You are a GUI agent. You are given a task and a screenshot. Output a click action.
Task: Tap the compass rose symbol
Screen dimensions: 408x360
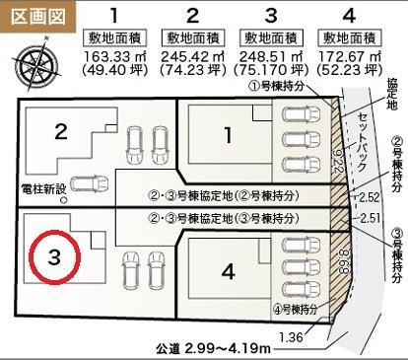pos(36,63)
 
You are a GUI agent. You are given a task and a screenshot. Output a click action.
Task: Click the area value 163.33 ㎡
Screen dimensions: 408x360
pos(115,56)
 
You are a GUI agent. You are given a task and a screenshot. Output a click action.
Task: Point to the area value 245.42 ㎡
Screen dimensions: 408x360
pos(193,56)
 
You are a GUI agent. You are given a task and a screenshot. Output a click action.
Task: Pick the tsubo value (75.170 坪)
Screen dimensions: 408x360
pos(271,70)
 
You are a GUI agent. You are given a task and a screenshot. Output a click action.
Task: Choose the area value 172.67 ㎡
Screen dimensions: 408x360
pos(350,56)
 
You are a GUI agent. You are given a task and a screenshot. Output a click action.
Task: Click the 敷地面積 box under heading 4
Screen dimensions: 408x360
pos(350,38)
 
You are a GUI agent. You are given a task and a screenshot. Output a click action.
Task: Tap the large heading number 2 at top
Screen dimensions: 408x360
pos(193,15)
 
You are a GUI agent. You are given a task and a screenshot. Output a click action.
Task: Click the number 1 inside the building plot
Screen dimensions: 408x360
pos(228,135)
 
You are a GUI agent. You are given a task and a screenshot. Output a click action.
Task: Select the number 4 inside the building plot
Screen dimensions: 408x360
pos(229,271)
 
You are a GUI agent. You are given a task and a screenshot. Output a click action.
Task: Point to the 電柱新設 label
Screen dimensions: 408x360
pos(43,188)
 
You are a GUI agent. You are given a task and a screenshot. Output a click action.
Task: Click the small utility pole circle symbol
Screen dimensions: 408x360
pos(64,199)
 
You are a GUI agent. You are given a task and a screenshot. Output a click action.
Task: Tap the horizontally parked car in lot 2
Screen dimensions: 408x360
pos(90,183)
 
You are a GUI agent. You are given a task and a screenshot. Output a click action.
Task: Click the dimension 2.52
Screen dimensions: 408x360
pos(369,197)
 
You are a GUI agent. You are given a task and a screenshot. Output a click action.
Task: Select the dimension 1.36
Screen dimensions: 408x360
pos(291,337)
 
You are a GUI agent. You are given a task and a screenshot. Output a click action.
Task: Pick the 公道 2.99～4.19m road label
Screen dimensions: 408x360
pos(214,348)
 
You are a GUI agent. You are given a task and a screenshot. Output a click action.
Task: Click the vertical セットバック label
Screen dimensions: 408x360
pos(362,142)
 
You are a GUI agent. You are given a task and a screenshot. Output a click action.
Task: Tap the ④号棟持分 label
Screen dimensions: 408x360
pos(296,309)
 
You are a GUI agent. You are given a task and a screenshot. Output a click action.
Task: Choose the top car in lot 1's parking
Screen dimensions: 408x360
pos(301,114)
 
